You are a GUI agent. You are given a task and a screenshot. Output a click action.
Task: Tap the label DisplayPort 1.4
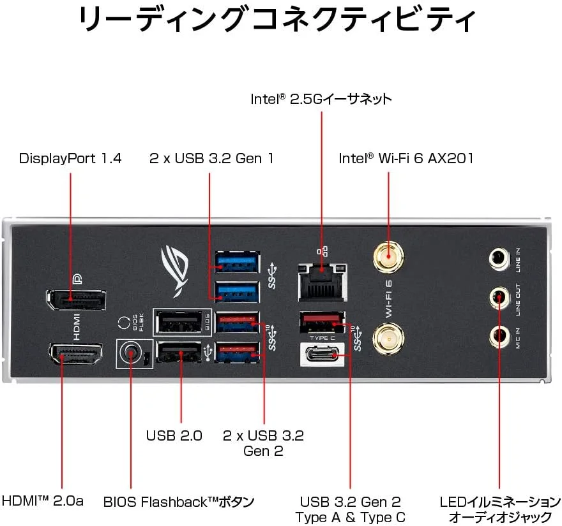tap(70, 157)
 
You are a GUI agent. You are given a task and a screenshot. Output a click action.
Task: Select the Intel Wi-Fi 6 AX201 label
tap(406, 157)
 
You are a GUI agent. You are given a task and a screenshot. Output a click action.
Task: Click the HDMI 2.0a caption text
tap(43, 500)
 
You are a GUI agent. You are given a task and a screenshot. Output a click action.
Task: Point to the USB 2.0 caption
tap(174, 436)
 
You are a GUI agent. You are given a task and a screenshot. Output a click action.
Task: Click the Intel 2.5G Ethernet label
tap(321, 99)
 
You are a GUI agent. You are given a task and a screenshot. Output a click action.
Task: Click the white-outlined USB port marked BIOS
tap(181, 320)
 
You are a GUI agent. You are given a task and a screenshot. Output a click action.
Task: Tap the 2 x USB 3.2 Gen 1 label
tap(211, 157)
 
